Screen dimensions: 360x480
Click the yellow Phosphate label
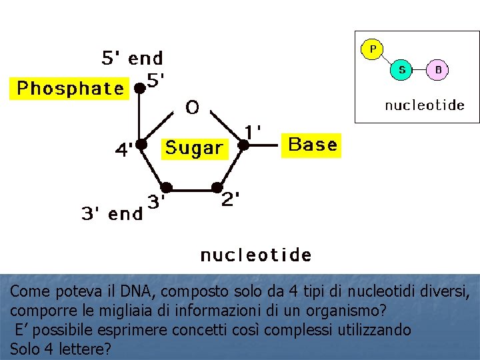pos(69,89)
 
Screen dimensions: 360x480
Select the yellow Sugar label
pos(194,148)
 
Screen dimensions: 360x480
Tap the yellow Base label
pos(312,145)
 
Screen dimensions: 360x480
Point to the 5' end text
pos(132,59)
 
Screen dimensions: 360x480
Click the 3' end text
pos(111,214)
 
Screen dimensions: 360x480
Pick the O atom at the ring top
pos(192,108)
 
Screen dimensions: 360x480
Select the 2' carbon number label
pos(231,199)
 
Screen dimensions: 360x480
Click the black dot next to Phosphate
pos(139,87)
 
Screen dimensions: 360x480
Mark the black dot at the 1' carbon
pos(244,144)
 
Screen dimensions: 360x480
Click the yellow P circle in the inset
pos(372,49)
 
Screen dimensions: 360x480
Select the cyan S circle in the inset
pos(402,69)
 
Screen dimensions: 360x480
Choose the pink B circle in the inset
pos(437,69)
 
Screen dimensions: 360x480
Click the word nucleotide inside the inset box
pos(425,105)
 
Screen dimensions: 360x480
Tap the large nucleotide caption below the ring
pos(256,255)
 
